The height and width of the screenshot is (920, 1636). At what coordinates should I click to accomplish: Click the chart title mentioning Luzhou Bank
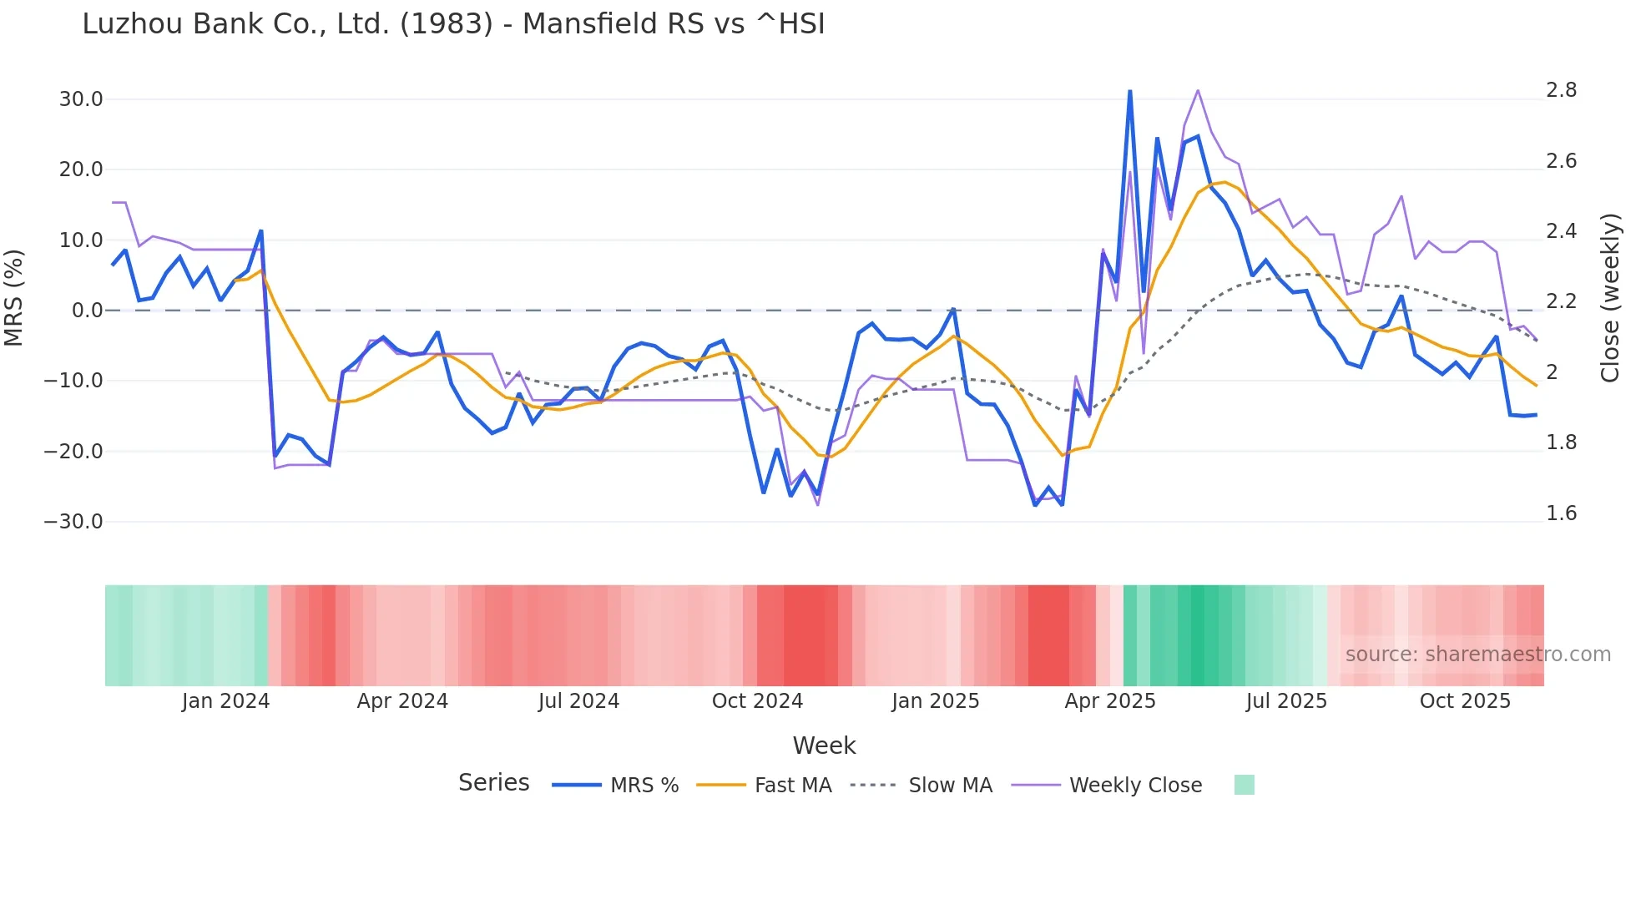(453, 24)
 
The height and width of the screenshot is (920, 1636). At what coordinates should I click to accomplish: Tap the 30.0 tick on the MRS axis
(81, 99)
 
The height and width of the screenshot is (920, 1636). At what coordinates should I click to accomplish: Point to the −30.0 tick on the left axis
(73, 522)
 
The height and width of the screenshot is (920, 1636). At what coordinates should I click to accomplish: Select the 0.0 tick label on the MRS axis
(88, 311)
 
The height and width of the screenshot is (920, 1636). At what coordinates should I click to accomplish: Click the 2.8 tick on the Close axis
(1561, 90)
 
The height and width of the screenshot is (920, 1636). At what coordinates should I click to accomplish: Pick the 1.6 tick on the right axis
(1561, 513)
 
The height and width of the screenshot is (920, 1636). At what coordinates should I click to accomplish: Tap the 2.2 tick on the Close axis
(1561, 301)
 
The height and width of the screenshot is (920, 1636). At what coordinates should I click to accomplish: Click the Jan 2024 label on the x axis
(225, 701)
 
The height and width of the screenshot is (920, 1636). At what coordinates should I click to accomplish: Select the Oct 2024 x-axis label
(757, 701)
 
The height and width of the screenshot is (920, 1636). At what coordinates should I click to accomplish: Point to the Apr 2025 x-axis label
(1110, 701)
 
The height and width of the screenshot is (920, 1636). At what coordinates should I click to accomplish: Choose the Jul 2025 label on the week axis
(1286, 701)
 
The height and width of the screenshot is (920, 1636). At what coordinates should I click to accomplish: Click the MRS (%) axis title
(14, 298)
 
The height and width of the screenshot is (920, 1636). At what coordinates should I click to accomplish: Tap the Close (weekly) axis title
(1610, 298)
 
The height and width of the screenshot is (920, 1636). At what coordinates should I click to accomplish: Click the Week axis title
(824, 746)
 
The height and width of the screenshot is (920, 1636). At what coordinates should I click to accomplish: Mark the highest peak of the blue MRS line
(1129, 91)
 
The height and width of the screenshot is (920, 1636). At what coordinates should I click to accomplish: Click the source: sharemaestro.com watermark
(1477, 655)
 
